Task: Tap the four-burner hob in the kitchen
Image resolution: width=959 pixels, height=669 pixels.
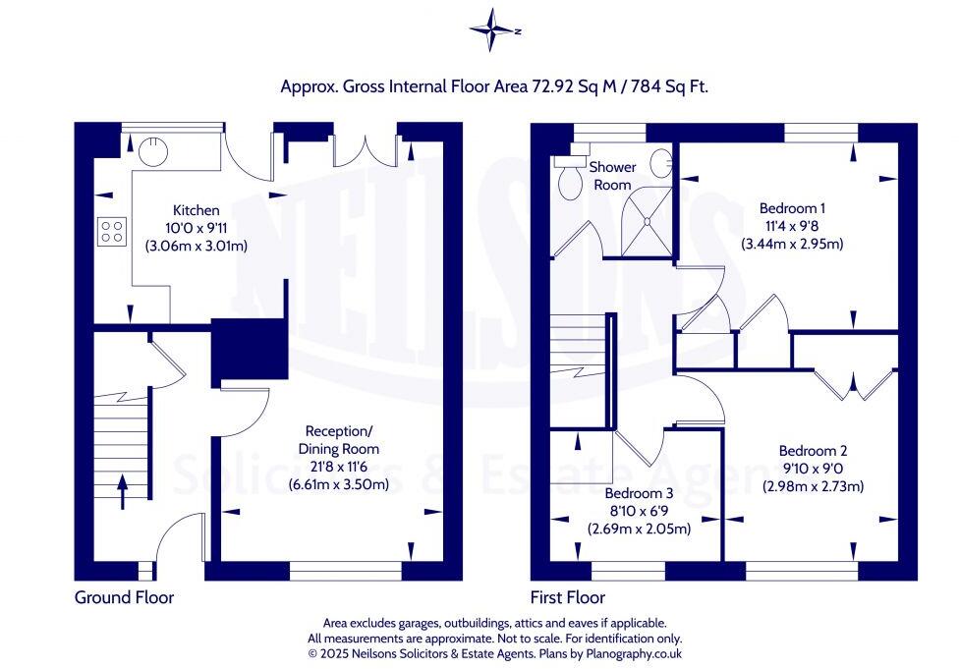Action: [112, 232]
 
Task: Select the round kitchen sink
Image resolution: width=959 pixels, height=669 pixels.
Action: [152, 151]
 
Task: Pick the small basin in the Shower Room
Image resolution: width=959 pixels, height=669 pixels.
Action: [661, 163]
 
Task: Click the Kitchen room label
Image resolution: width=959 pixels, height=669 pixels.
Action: [197, 210]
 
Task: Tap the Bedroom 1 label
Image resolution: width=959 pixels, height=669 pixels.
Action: [792, 208]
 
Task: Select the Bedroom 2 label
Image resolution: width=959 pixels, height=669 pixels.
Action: [813, 451]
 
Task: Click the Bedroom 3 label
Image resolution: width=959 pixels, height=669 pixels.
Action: [639, 493]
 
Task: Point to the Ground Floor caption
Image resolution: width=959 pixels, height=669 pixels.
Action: [124, 597]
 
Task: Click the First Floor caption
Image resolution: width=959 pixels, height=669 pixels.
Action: [568, 597]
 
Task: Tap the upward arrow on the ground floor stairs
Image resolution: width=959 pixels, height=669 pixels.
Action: [122, 492]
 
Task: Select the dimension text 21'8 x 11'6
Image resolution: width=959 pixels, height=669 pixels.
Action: [339, 467]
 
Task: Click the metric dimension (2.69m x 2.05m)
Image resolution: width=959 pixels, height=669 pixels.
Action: [639, 529]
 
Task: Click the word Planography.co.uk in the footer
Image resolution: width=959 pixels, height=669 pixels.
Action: [634, 653]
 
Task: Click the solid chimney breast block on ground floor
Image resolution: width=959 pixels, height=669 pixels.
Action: [250, 351]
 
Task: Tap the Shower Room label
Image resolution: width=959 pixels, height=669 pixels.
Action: [612, 176]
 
